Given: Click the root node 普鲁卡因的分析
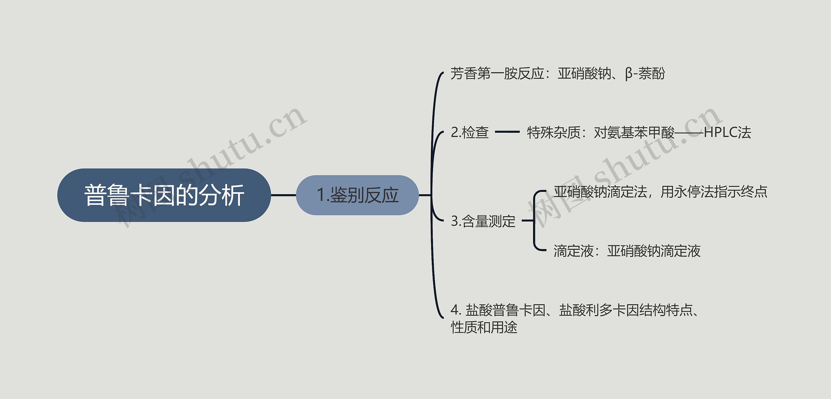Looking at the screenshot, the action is [164, 195].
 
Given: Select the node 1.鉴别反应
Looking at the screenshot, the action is [357, 195].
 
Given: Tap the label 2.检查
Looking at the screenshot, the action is [470, 132].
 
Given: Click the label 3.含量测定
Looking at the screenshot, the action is [483, 221].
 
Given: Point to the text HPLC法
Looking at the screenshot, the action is [727, 132].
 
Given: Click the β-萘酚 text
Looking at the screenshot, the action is [645, 74].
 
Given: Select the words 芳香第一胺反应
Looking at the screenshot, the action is [497, 74].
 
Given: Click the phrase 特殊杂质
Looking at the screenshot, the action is [553, 132].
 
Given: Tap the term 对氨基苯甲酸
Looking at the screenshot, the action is [634, 132].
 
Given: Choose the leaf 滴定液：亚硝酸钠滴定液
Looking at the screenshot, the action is [627, 251].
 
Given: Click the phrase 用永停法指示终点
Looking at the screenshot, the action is [714, 192].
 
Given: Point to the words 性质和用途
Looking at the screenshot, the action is [484, 327].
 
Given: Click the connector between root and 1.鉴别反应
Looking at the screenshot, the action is [283, 195].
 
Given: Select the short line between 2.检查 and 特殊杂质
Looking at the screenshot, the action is [507, 132].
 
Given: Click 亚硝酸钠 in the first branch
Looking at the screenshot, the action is [584, 74].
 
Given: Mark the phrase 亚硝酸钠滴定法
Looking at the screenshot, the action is [601, 192].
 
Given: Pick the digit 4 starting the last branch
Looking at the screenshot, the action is [454, 310].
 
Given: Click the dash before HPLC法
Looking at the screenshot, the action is [689, 132].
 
